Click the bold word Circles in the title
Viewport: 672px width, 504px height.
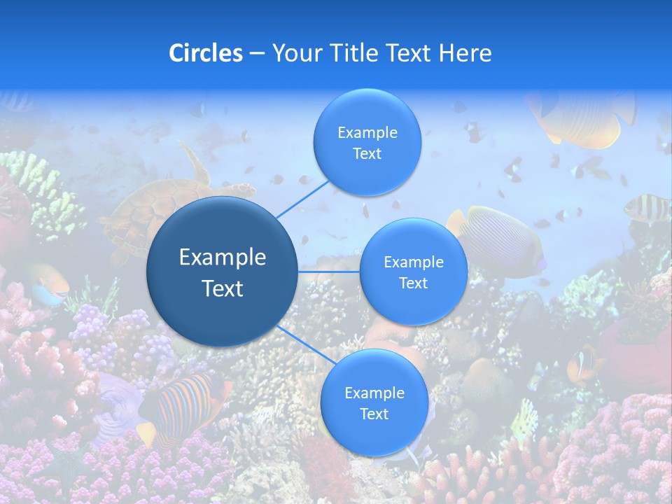(x=205, y=53)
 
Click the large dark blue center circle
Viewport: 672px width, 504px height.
(x=223, y=272)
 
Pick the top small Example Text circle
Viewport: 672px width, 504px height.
(x=367, y=142)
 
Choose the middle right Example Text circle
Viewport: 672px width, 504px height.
(x=414, y=272)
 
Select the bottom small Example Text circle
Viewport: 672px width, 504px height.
(x=374, y=402)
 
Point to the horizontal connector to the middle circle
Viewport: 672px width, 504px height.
(x=329, y=271)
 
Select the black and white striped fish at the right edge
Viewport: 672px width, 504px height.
(x=646, y=206)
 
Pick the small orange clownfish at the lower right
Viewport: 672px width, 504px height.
(x=584, y=363)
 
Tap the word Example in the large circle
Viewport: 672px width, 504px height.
(x=223, y=258)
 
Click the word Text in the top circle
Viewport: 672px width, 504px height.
(x=367, y=153)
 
